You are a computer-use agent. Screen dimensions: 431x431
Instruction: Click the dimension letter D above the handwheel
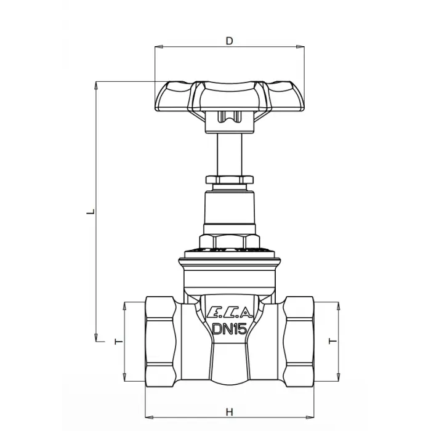tap(229, 41)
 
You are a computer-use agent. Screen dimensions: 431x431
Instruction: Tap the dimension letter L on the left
tap(91, 212)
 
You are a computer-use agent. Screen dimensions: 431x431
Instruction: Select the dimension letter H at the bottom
tap(230, 412)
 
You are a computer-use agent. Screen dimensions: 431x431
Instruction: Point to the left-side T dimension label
tap(118, 342)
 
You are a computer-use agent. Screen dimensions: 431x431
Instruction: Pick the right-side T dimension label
tap(332, 341)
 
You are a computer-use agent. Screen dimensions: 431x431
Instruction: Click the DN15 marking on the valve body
tap(230, 329)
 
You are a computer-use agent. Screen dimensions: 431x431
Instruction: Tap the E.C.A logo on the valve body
tap(230, 312)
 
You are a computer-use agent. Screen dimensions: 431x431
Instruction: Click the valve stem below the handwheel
tap(230, 155)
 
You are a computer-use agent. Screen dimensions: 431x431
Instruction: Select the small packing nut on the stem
tap(230, 180)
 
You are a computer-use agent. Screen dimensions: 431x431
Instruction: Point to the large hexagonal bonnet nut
tap(230, 241)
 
